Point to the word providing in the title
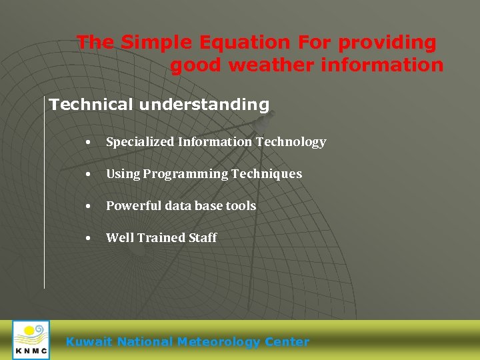click(387, 43)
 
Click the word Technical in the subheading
click(91, 105)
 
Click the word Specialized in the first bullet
click(140, 142)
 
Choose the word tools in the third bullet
click(241, 206)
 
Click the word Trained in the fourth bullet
click(160, 238)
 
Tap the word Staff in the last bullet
click(203, 238)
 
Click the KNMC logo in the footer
click(31, 340)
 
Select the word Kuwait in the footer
click(89, 342)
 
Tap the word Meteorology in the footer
click(219, 342)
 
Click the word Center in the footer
click(287, 342)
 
